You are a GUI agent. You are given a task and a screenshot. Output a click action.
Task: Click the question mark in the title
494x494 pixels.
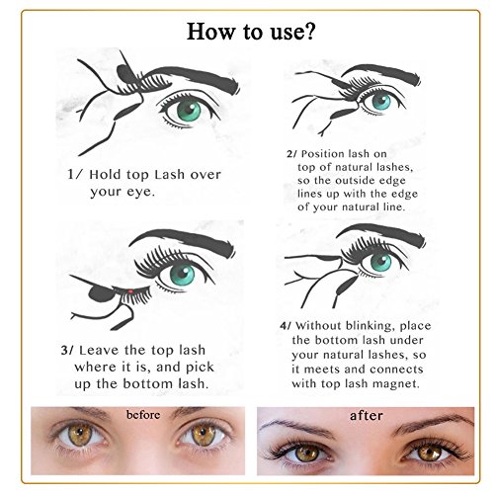coord(308,32)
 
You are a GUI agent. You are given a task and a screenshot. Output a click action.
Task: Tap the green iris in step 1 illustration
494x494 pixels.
coord(189,111)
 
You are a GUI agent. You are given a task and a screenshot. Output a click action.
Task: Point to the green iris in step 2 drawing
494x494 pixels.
coord(381,102)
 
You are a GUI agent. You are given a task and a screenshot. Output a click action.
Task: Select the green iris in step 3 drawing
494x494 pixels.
coord(182,275)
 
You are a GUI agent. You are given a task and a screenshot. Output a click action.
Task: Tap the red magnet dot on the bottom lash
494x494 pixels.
coord(130,291)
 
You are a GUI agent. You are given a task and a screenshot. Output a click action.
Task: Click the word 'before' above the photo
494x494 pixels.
coord(143,415)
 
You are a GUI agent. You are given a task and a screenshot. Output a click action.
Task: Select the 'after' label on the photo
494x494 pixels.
coord(367,416)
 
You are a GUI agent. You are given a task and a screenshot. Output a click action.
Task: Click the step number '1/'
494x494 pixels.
coord(74,174)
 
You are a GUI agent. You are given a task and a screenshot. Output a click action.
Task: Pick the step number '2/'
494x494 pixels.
coord(291,154)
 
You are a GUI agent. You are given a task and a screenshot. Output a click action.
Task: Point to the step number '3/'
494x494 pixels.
coord(67,350)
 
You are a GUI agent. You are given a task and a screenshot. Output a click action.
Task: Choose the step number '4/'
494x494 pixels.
coord(286,326)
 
